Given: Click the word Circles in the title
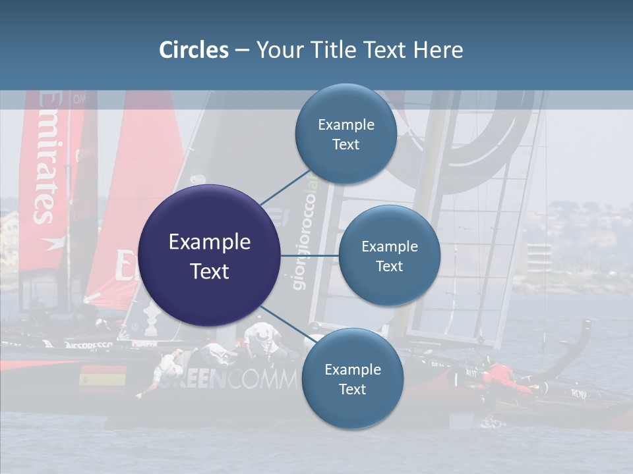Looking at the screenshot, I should point(194,50).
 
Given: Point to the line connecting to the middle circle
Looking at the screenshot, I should point(309,255).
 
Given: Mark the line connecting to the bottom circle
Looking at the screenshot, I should point(285,323).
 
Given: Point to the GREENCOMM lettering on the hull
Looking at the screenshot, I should point(231,381).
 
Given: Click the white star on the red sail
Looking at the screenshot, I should point(50,244).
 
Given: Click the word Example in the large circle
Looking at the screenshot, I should point(209,242).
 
